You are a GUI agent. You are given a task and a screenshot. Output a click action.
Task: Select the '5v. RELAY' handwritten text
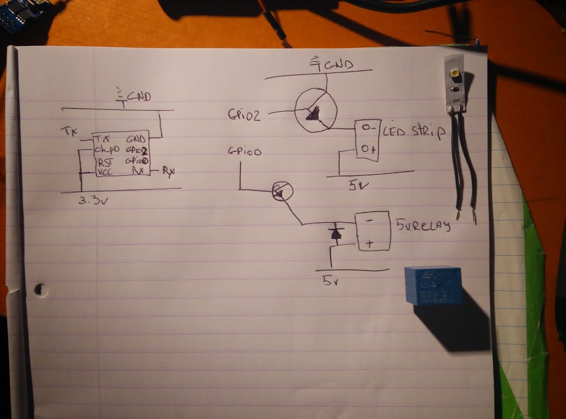click(423, 225)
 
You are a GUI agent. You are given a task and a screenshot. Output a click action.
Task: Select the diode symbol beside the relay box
click(335, 233)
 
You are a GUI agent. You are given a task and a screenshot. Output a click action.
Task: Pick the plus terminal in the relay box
click(370, 244)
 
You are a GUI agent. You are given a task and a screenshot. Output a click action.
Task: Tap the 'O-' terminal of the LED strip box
click(368, 129)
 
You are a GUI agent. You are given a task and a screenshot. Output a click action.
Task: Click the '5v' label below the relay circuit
click(331, 281)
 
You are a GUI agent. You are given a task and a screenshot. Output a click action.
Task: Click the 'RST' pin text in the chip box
click(104, 162)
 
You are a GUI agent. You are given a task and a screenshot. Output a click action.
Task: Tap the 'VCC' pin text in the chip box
click(104, 172)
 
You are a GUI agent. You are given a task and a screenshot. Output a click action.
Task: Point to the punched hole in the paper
click(41, 290)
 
